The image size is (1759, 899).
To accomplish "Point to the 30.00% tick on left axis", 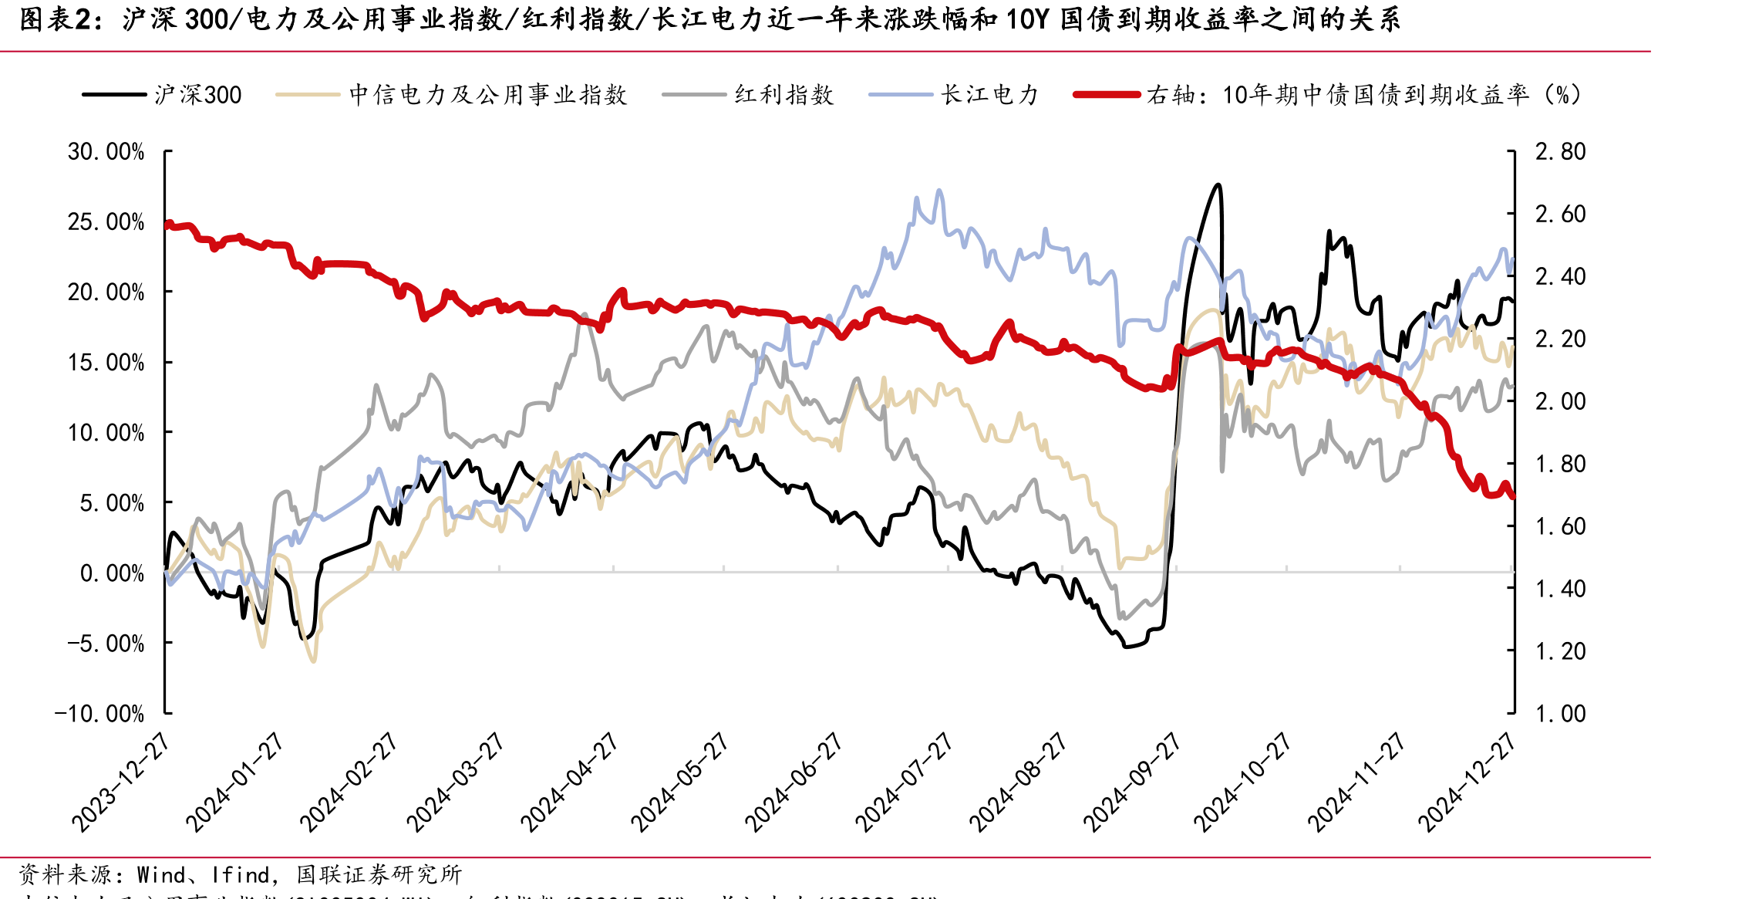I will point(106,151).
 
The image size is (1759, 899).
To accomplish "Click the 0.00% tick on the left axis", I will point(112,573).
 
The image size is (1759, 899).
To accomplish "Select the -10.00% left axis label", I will point(99,713).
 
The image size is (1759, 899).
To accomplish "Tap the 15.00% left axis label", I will point(106,362).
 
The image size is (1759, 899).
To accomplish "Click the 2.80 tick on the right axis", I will point(1560,151).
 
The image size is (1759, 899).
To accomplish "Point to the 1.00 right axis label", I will point(1560,713).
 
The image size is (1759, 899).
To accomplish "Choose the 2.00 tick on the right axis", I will point(1560,401).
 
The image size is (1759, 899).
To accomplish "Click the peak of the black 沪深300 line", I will point(1218,184).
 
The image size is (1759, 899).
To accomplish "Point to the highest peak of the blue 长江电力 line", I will point(938,190).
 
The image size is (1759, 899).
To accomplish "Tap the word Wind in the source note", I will point(161,875).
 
